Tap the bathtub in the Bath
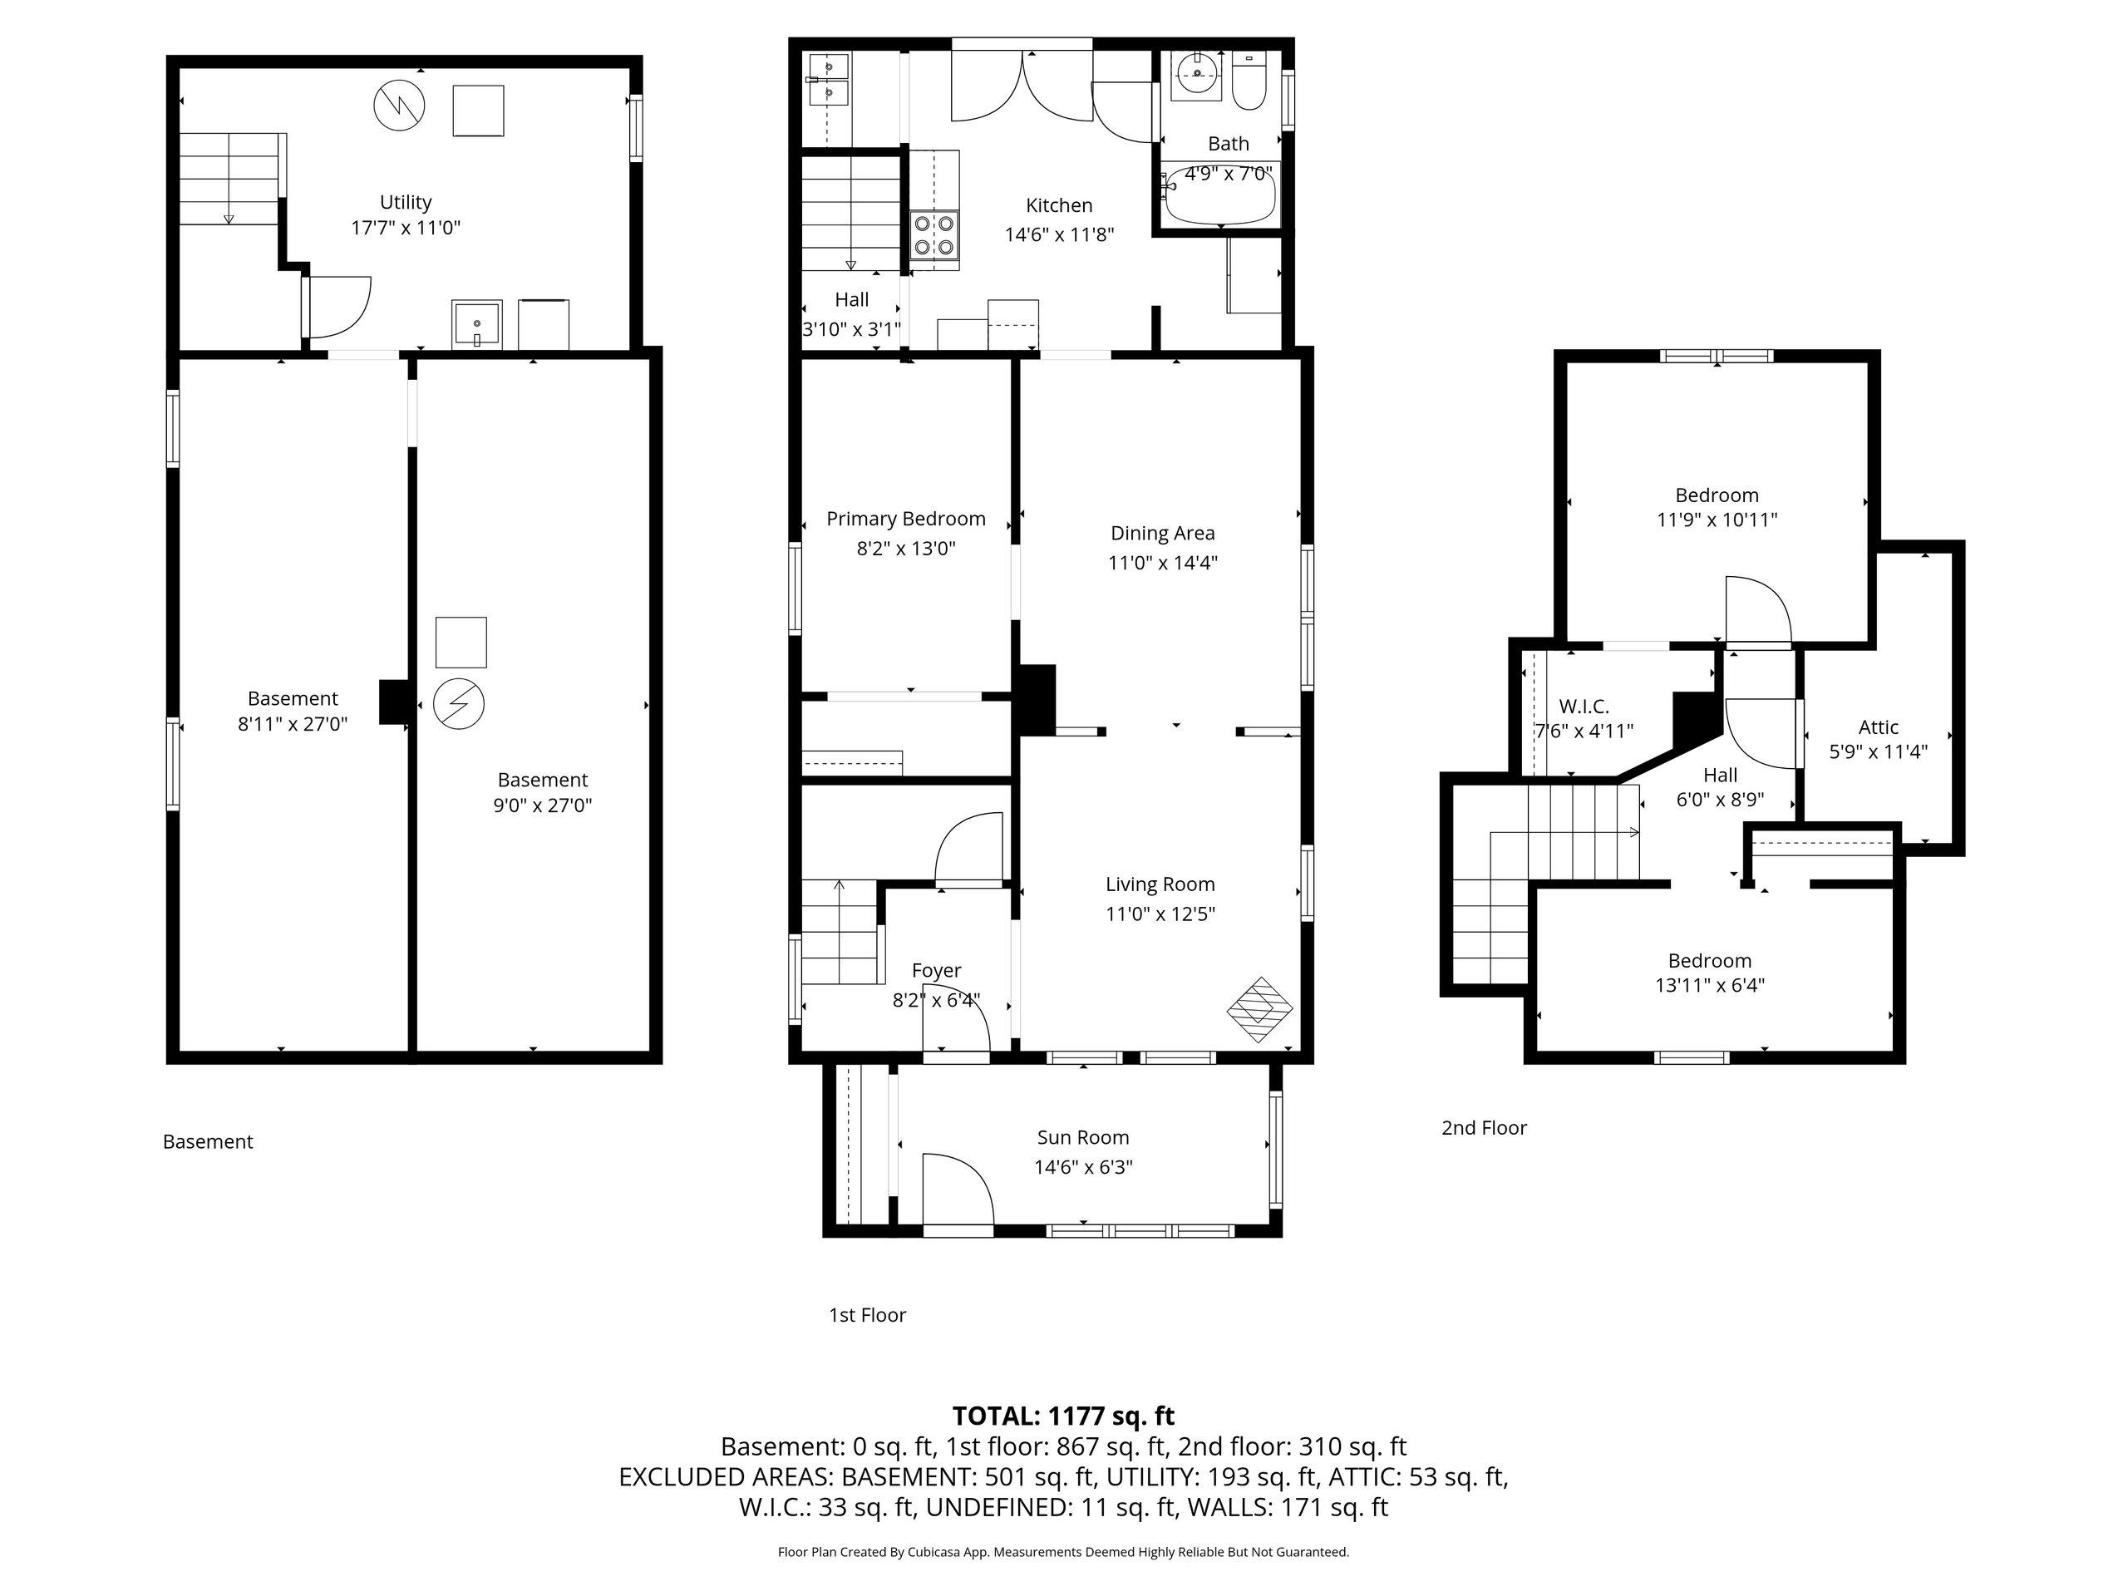point(1219,198)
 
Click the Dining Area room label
point(1162,533)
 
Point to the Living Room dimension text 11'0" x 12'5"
point(1160,914)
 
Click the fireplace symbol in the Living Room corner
point(1259,1009)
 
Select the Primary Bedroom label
point(906,520)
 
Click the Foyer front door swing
point(956,1027)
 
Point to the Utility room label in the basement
point(405,202)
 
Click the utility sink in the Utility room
point(476,324)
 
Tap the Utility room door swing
point(337,308)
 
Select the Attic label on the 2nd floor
point(1878,727)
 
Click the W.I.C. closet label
point(1584,707)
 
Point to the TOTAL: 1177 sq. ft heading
point(1063,1416)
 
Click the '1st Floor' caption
point(868,1315)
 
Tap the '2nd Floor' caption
point(1484,1127)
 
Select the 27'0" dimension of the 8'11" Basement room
point(324,724)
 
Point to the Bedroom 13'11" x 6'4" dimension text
point(1710,985)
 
